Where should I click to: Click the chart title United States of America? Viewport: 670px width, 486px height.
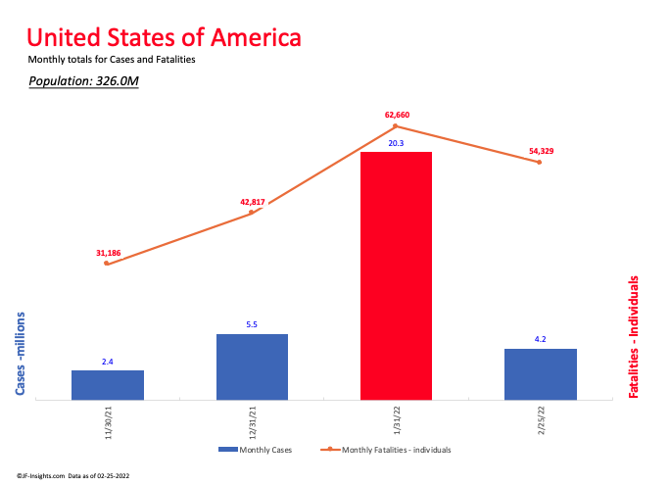[x=164, y=38]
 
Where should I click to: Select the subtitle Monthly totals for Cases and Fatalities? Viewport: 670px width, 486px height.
[x=113, y=60]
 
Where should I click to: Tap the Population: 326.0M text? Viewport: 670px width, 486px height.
[x=83, y=80]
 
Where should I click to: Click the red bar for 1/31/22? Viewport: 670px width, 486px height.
[x=396, y=275]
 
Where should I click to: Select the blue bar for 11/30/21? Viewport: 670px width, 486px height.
[x=108, y=385]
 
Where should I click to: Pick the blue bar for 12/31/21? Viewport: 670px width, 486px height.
[x=252, y=366]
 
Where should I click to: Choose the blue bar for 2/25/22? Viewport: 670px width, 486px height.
[x=540, y=374]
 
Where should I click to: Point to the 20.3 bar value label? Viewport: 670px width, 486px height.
[x=396, y=143]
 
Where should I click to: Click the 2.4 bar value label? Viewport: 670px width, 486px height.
[x=108, y=362]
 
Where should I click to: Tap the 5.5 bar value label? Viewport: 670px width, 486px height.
[x=252, y=325]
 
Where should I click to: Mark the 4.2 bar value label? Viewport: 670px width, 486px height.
[x=540, y=340]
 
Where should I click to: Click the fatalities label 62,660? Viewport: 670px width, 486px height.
[x=397, y=115]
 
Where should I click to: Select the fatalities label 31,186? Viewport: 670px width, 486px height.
[x=108, y=253]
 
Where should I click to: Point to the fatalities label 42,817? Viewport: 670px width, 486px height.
[x=253, y=202]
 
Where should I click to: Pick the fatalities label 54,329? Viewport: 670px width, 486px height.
[x=541, y=151]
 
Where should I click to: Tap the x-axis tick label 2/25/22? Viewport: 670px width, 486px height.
[x=542, y=421]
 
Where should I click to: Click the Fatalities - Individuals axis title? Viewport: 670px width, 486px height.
[x=634, y=336]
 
